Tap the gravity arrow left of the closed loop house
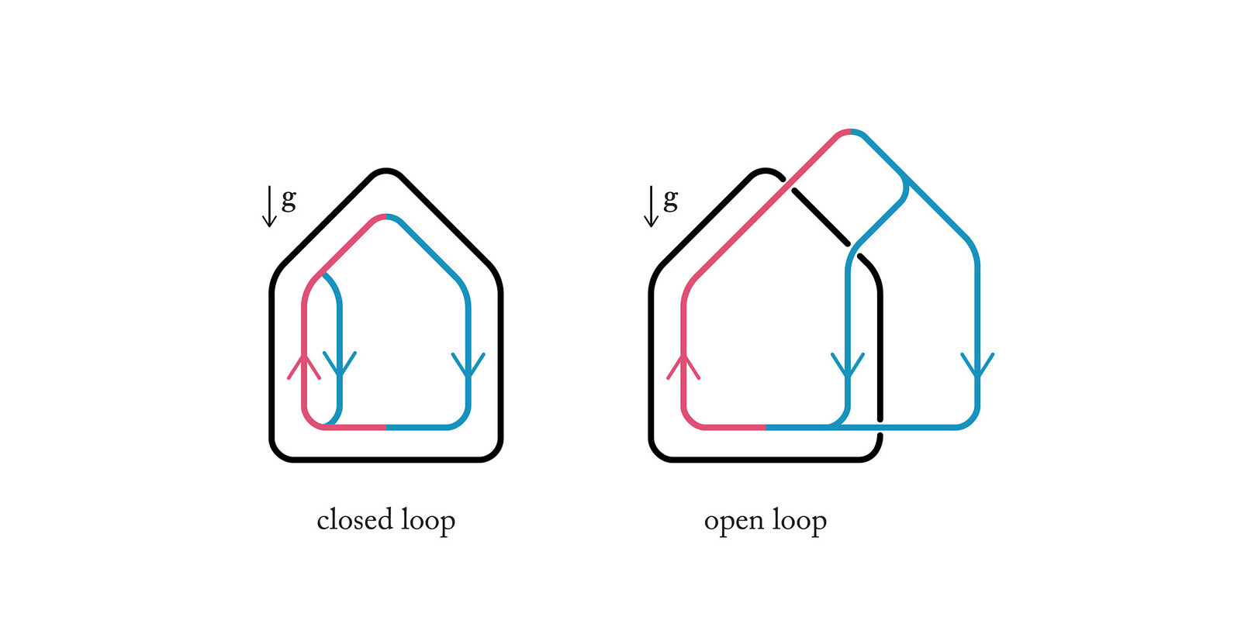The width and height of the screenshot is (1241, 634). pyautogui.click(x=269, y=206)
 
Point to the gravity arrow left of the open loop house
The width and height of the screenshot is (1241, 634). pyautogui.click(x=651, y=206)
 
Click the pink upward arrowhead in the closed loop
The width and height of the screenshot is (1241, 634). pyautogui.click(x=303, y=366)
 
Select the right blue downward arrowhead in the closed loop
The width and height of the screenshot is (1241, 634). pyautogui.click(x=468, y=366)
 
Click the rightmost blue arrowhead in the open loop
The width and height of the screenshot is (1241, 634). pyautogui.click(x=977, y=366)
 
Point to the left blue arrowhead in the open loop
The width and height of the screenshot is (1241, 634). pyautogui.click(x=848, y=366)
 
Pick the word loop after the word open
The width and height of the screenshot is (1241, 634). pyautogui.click(x=800, y=521)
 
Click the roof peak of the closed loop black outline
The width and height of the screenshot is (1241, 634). pyautogui.click(x=386, y=170)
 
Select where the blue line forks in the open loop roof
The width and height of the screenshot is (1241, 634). pyautogui.click(x=904, y=179)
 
